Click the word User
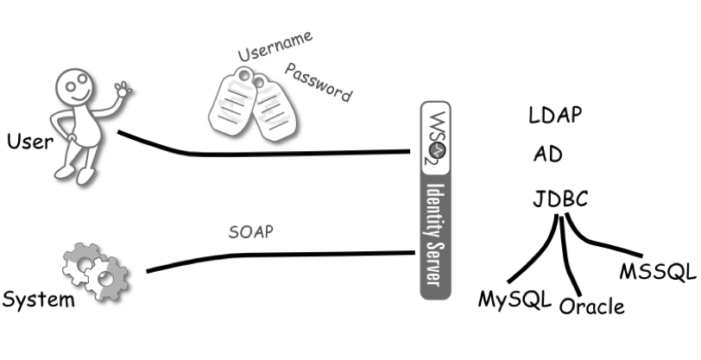[x=29, y=141]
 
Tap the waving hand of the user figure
[x=123, y=89]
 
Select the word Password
[x=319, y=82]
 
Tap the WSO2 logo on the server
[x=435, y=136]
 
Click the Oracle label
[x=591, y=306]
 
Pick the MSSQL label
[x=657, y=272]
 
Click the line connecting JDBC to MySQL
[x=531, y=256]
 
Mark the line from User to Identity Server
[x=259, y=154]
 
